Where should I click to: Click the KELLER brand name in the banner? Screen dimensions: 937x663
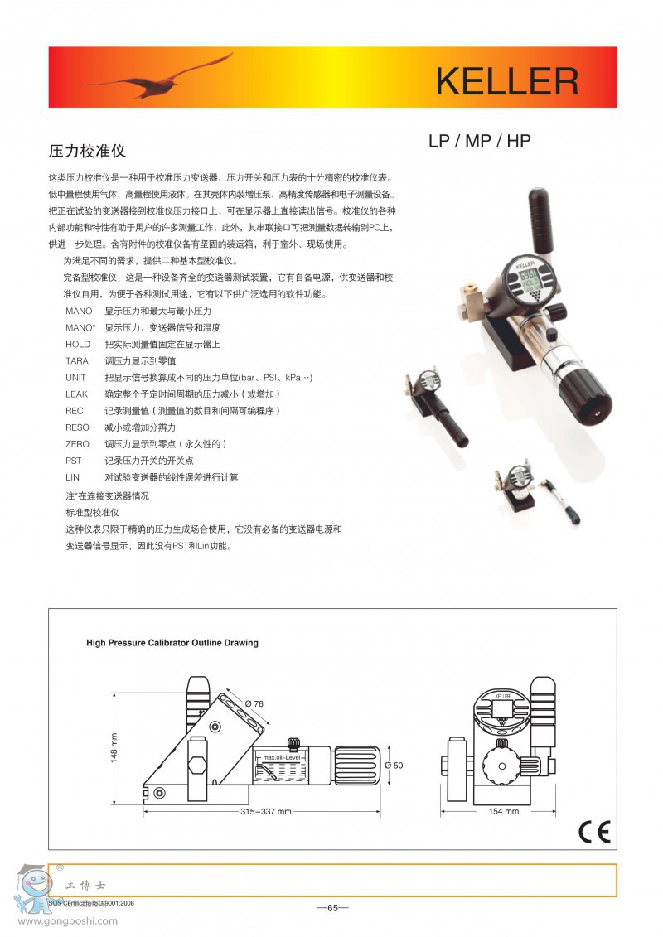point(506,82)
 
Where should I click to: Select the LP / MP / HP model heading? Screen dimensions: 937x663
point(479,141)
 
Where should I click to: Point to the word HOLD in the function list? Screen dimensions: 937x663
point(77,344)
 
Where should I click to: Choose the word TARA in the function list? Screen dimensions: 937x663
point(76,360)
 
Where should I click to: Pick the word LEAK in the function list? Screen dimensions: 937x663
point(76,394)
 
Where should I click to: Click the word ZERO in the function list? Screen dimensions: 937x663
point(77,444)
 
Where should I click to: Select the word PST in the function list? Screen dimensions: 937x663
point(73,461)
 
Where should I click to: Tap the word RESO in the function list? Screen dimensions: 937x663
point(77,427)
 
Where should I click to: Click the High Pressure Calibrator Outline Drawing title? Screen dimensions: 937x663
point(172,642)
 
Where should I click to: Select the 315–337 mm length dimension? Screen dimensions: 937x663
point(266,812)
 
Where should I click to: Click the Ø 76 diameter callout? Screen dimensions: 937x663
point(254,703)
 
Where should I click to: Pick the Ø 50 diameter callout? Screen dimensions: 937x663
point(394,765)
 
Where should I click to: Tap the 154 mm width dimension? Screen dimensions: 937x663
point(504,811)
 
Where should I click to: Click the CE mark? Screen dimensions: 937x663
point(594,832)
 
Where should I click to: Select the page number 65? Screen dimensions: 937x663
point(332,907)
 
